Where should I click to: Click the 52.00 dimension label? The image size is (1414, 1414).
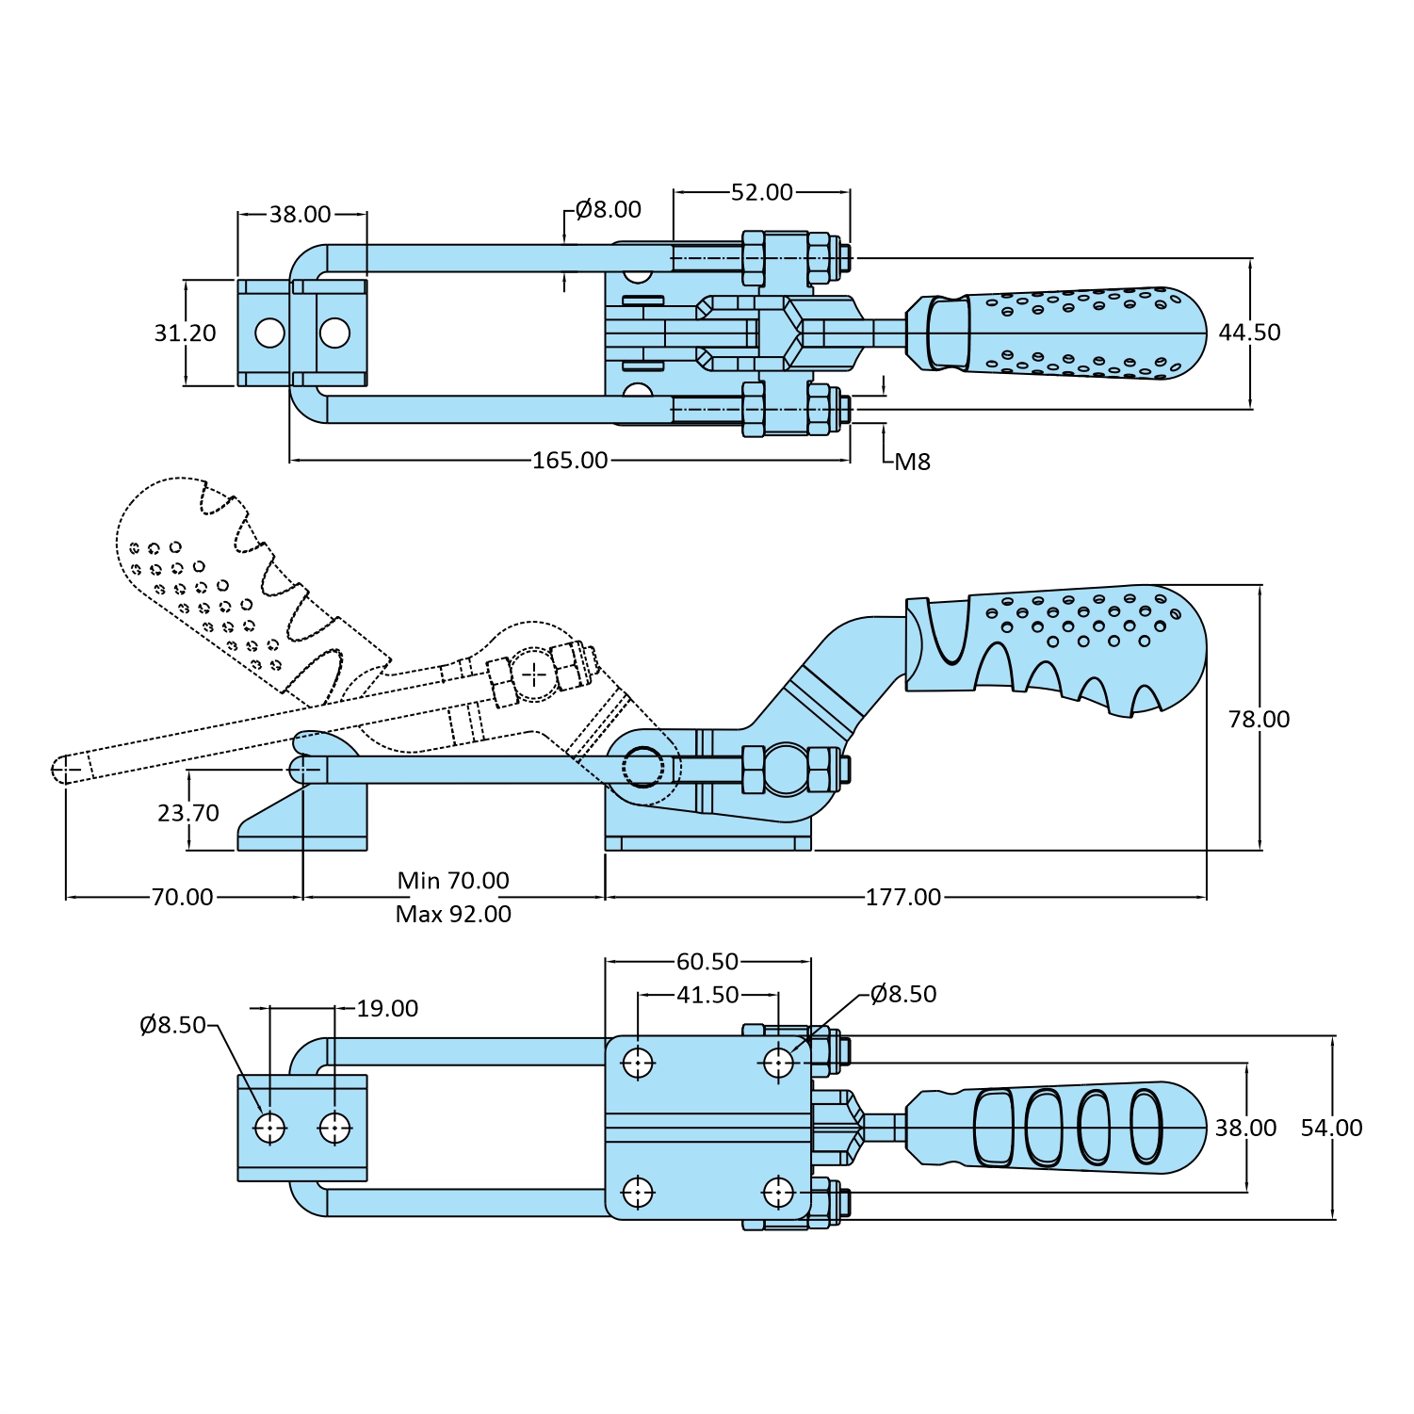click(x=761, y=192)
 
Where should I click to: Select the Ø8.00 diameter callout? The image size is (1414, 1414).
click(x=608, y=209)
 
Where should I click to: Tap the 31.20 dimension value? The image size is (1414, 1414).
click(x=185, y=333)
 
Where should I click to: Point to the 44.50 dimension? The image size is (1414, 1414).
click(x=1249, y=333)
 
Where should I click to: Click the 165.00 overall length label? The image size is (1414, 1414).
click(x=570, y=460)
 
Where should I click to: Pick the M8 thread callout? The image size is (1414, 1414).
click(x=912, y=462)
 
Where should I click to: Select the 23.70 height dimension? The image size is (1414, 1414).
click(x=188, y=812)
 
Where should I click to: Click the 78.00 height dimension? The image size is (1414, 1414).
click(x=1259, y=719)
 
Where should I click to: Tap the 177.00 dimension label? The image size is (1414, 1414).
click(x=902, y=897)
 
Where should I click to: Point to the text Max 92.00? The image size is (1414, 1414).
click(x=453, y=914)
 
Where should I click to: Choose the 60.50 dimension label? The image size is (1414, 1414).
click(x=707, y=961)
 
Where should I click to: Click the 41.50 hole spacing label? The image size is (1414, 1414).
click(x=707, y=995)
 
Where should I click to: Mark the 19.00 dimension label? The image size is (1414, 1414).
click(x=387, y=1008)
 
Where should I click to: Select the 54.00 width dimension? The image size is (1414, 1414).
click(x=1331, y=1128)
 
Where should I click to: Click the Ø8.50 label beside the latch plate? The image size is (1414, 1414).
click(x=172, y=1025)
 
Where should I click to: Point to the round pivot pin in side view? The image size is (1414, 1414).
click(x=642, y=767)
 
